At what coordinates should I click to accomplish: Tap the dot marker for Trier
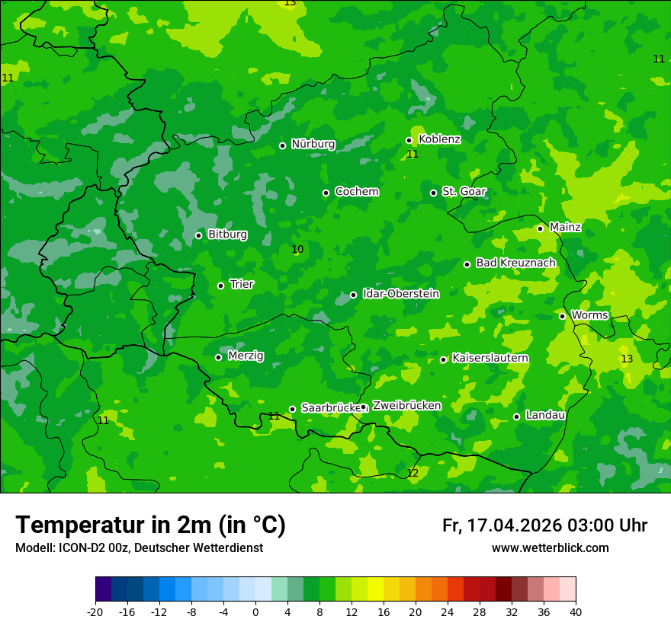click(221, 286)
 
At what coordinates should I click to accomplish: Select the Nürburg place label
click(313, 144)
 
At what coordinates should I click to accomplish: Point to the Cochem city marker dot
click(326, 193)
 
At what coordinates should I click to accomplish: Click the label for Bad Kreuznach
click(515, 263)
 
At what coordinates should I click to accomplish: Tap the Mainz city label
click(565, 227)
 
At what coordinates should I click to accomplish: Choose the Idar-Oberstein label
click(400, 293)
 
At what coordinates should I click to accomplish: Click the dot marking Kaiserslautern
click(444, 359)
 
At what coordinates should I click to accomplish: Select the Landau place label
click(545, 415)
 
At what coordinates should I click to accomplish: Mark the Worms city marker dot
click(563, 316)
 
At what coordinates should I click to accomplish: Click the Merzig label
click(246, 356)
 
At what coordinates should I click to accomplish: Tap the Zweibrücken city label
click(406, 406)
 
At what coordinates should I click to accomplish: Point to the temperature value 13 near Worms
click(627, 359)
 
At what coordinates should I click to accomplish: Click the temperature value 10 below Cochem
click(297, 249)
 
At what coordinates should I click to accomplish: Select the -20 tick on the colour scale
click(95, 611)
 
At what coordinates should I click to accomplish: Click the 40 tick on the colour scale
click(576, 611)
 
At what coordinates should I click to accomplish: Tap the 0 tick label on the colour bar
click(255, 611)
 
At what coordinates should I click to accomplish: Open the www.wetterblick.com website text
click(550, 548)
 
